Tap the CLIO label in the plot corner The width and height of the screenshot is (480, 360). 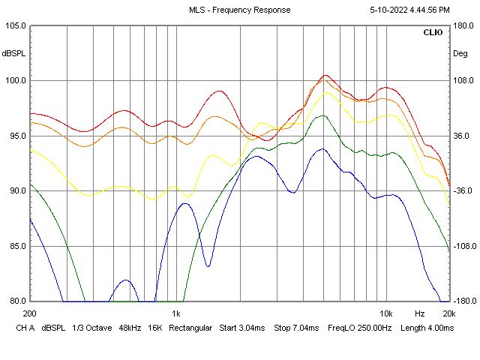pos(433,33)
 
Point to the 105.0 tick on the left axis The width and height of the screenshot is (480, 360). pos(15,25)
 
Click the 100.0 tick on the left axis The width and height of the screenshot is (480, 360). pos(15,81)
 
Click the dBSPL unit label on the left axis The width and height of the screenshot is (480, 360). pos(13,54)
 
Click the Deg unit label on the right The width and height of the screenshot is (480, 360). pos(460,54)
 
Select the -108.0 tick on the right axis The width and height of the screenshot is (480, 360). pos(463,246)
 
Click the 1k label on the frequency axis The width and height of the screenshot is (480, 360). pos(176,313)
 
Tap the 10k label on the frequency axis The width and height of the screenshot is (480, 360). pos(386,313)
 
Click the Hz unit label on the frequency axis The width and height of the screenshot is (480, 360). pos(420,313)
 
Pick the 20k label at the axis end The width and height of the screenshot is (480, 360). pos(448,313)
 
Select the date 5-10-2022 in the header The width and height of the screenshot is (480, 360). pos(387,10)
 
